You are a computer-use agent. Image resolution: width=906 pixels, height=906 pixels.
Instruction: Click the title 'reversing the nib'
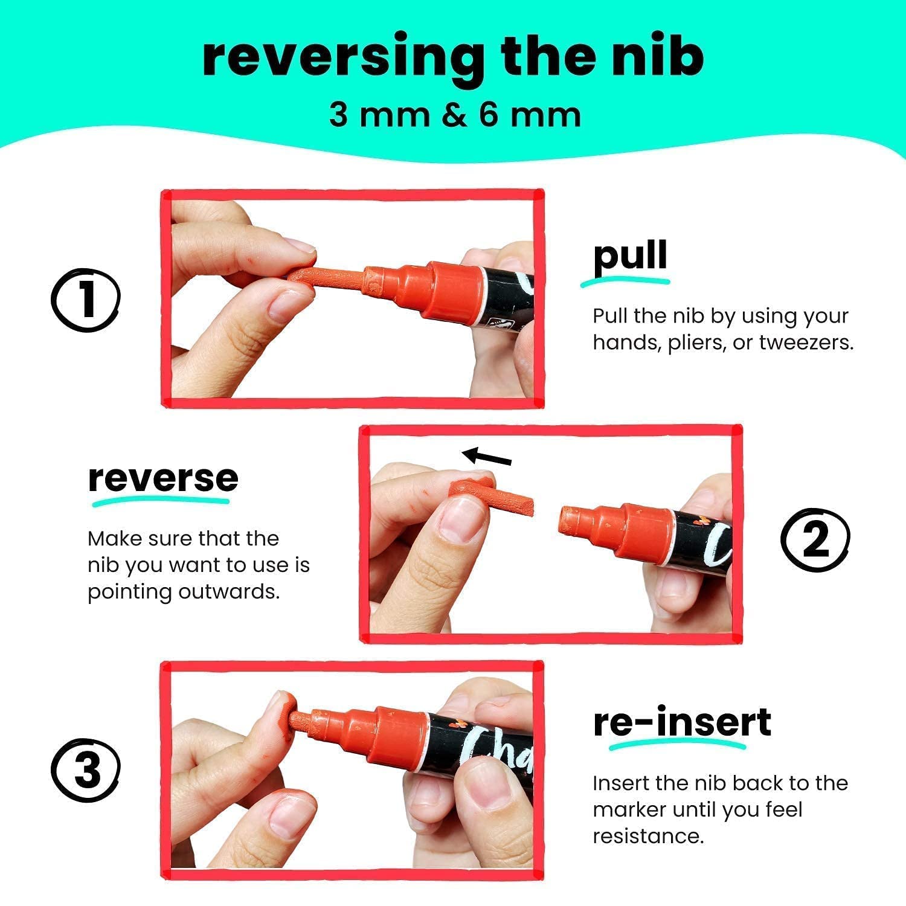click(x=453, y=57)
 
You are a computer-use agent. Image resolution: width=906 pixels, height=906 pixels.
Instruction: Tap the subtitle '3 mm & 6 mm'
click(x=455, y=114)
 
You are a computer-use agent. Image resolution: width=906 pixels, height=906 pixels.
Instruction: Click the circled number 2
click(x=815, y=539)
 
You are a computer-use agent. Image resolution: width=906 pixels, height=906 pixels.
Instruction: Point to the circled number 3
click(x=85, y=769)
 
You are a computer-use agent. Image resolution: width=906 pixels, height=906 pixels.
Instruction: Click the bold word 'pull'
click(x=630, y=256)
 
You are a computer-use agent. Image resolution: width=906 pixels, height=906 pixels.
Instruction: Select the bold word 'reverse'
click(x=163, y=478)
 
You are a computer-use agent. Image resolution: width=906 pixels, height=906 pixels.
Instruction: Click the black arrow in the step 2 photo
click(x=486, y=457)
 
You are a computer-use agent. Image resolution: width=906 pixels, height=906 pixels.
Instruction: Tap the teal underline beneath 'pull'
click(x=625, y=281)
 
